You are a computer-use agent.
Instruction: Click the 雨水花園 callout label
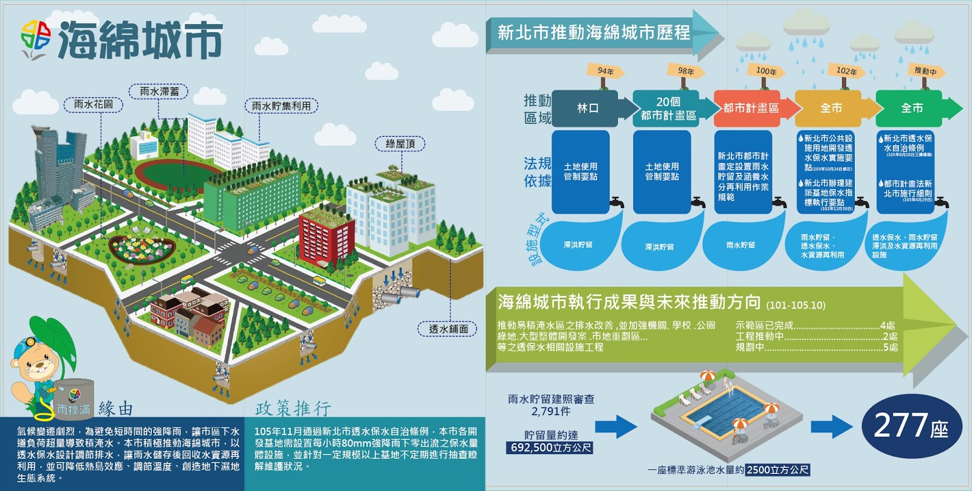[x=94, y=105]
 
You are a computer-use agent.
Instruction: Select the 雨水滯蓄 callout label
[x=159, y=92]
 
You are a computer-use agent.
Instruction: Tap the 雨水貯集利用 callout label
[x=281, y=106]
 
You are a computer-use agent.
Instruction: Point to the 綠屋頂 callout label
[x=400, y=144]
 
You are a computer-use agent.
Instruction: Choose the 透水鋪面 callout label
[x=448, y=329]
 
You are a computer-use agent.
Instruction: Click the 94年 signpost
[x=605, y=71]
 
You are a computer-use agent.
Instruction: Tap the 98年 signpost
[x=686, y=71]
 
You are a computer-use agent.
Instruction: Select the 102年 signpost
[x=846, y=71]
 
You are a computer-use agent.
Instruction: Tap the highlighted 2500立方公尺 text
[x=778, y=470]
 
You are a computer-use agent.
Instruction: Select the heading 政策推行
[x=293, y=409]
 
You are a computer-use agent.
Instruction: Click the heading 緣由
[x=115, y=409]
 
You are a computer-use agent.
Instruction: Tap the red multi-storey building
[x=326, y=234]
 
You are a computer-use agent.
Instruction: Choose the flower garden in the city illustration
[x=142, y=246]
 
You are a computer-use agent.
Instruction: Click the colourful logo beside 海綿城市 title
[x=36, y=39]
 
